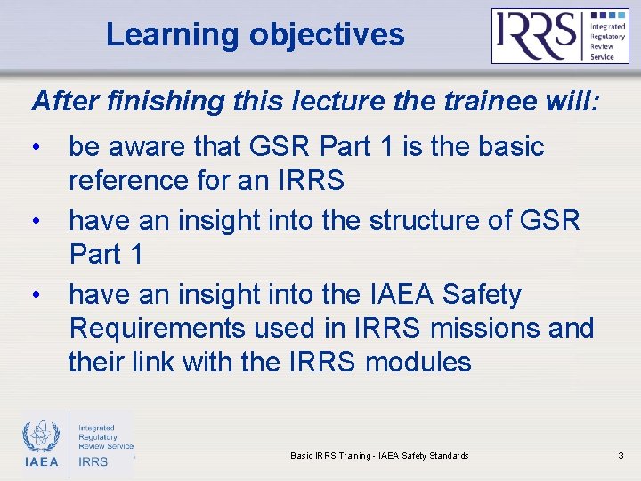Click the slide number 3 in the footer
[621, 456]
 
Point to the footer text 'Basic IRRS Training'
[330, 456]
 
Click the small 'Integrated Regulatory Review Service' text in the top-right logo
[608, 36]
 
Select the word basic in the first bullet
[506, 146]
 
